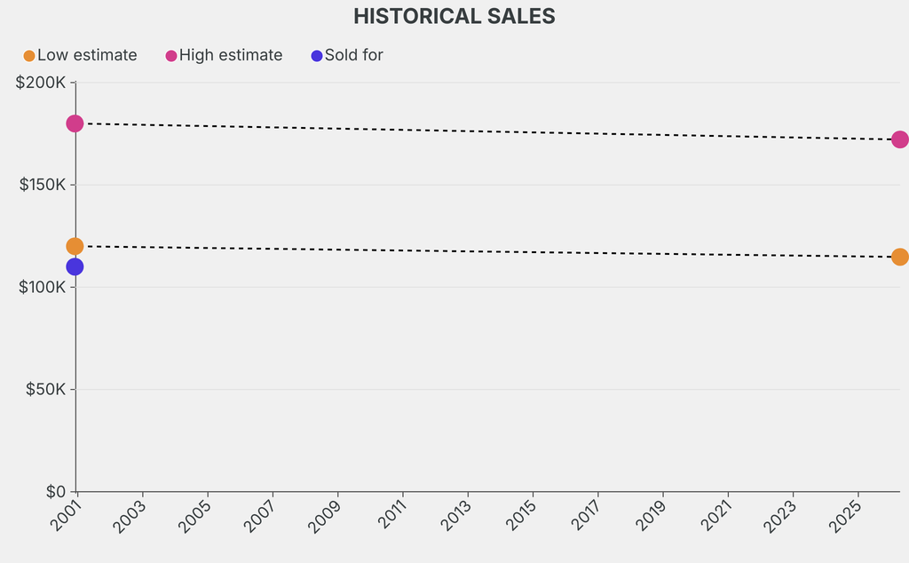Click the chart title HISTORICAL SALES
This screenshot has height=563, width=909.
[454, 16]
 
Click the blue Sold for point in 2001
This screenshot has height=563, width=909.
[75, 266]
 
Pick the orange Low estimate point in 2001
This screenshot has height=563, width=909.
[75, 246]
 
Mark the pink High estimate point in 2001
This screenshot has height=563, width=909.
[75, 123]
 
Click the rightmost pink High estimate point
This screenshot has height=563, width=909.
[899, 139]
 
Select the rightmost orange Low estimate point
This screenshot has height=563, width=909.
[899, 257]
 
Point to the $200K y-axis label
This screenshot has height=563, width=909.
[41, 83]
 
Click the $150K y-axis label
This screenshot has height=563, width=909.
[41, 186]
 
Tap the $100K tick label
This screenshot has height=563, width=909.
[41, 288]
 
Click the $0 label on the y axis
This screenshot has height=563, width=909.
[55, 492]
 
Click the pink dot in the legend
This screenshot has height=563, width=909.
[171, 56]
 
